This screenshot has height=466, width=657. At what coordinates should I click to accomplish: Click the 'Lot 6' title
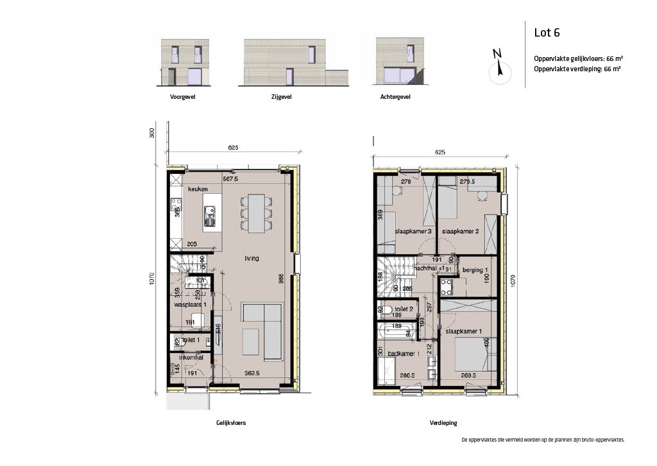(x=547, y=33)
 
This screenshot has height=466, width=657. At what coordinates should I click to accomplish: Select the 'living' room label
(x=252, y=259)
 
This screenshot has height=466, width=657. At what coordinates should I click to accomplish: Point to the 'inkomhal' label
(x=191, y=358)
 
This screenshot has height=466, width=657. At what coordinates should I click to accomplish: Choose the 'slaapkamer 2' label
(x=461, y=231)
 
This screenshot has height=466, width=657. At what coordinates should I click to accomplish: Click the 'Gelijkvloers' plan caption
(x=231, y=423)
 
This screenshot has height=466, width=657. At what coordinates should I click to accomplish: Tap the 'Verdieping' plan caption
(x=443, y=423)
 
